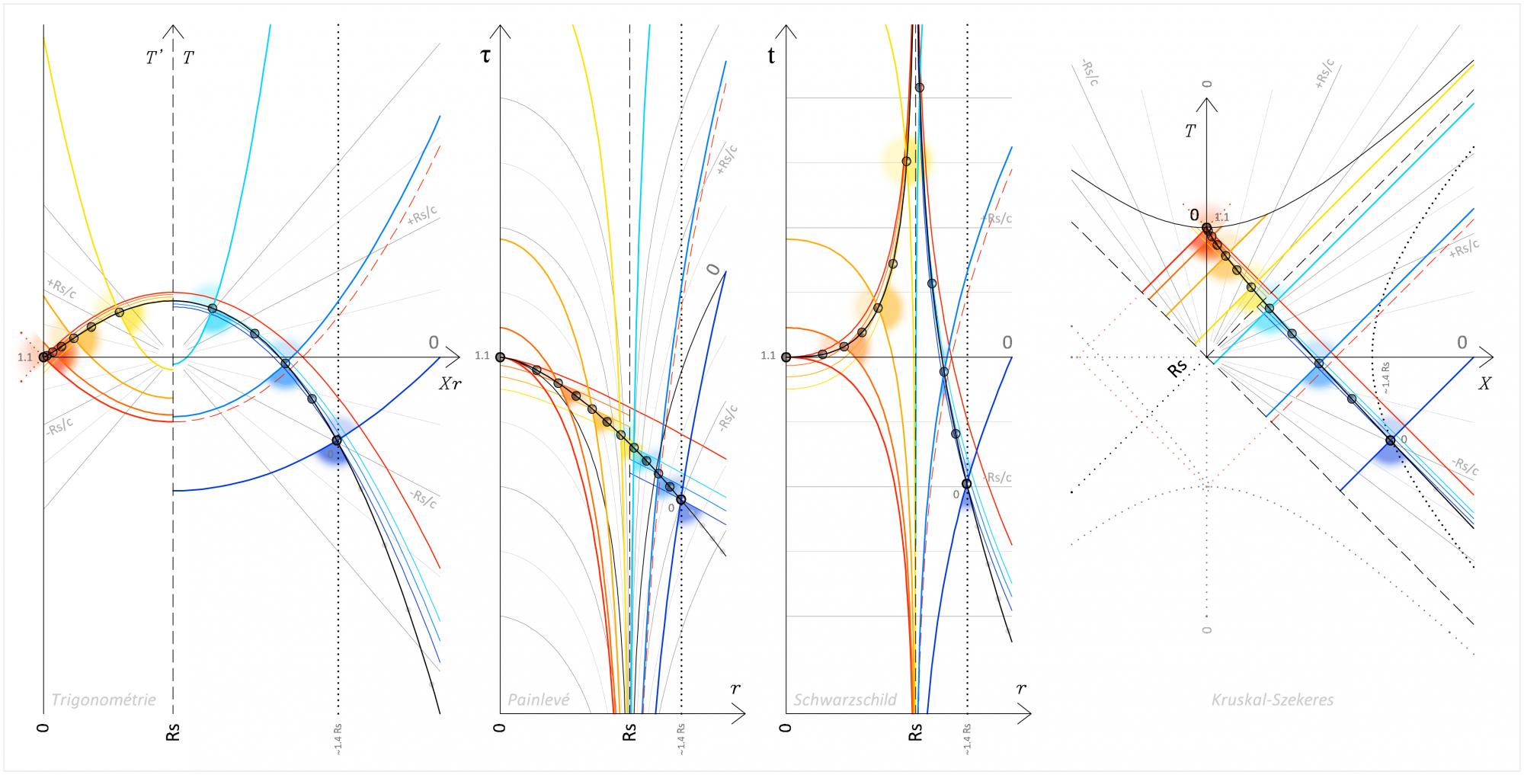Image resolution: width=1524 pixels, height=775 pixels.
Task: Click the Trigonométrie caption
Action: pos(103,700)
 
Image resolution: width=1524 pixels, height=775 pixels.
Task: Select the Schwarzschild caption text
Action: pos(845,700)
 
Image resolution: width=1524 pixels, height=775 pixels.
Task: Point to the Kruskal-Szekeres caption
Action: pos(1273,700)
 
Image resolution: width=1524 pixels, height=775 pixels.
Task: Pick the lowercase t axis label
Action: pos(772,56)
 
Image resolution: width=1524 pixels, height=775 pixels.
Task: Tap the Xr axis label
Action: pos(450,384)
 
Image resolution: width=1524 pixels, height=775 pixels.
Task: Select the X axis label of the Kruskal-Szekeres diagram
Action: pos(1484,385)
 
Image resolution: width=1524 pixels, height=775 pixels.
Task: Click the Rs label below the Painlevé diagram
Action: pos(629,733)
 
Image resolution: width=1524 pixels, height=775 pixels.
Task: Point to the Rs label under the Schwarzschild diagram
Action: pos(916,733)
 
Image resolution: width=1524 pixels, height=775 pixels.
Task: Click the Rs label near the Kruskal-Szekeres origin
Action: pos(1178,369)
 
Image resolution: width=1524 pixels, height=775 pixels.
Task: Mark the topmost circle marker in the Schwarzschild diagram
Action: pos(920,88)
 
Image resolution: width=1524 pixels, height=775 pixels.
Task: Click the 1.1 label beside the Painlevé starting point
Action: pos(482,355)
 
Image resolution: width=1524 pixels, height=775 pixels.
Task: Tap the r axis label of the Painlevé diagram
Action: pos(735,688)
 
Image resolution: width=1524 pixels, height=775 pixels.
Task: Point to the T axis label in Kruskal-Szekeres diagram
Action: pos(1189,131)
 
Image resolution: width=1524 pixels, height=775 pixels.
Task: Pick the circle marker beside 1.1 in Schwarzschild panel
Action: pos(786,357)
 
